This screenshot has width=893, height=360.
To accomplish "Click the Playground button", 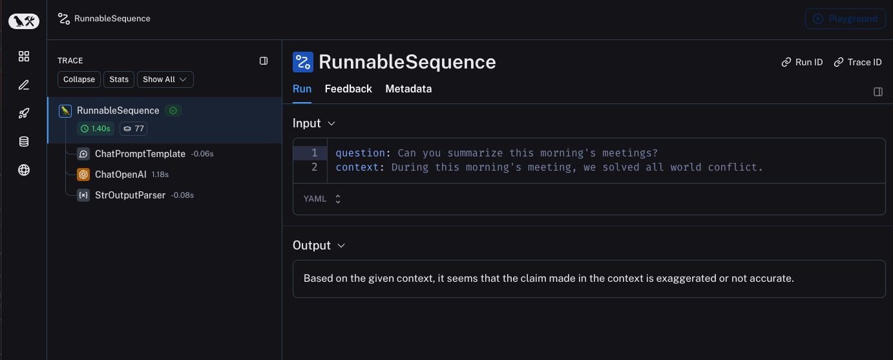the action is click(x=845, y=19).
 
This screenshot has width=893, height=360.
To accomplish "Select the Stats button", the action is click(x=119, y=79).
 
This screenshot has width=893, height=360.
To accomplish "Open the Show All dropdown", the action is click(x=165, y=79).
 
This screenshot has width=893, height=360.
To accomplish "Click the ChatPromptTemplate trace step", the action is click(x=140, y=153).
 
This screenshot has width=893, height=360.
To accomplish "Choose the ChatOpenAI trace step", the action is click(x=120, y=175).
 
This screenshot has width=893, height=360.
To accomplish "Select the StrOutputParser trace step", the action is click(x=130, y=195).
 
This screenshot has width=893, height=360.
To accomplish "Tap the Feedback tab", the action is click(x=348, y=89).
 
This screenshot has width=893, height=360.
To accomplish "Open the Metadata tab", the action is click(x=408, y=89).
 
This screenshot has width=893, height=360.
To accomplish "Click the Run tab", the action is click(x=302, y=89).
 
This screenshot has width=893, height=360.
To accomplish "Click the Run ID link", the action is click(x=802, y=62).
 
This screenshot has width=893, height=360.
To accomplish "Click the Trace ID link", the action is click(x=857, y=62).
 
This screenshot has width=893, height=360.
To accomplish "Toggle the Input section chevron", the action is click(x=331, y=123).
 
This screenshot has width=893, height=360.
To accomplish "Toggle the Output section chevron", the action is click(x=341, y=246).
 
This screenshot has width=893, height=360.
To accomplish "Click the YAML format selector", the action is click(x=322, y=198).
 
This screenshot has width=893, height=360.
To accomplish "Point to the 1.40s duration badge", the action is click(x=96, y=129).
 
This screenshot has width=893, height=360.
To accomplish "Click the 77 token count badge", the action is click(x=134, y=129).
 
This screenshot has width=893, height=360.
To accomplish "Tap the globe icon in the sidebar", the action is click(x=24, y=170).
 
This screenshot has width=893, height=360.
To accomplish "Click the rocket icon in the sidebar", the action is click(x=24, y=113).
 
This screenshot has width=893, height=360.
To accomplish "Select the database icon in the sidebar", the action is click(x=24, y=142).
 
